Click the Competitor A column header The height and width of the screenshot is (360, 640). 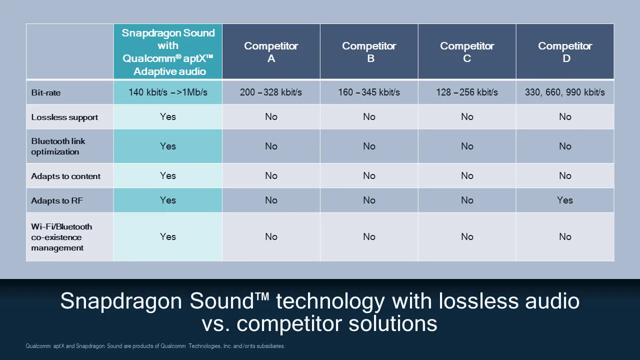click(271, 51)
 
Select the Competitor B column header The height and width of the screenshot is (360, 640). click(369, 51)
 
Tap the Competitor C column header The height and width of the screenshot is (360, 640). click(467, 51)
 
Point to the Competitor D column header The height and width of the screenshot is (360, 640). click(565, 51)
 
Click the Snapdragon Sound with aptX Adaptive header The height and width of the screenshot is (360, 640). click(168, 51)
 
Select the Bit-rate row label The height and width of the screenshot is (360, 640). click(46, 92)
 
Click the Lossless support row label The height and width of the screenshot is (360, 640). click(64, 117)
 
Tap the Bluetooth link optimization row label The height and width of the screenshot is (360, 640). click(58, 146)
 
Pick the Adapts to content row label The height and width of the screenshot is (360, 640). click(65, 176)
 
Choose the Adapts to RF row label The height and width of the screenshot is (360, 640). click(57, 200)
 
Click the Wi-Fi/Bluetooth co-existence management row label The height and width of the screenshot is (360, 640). click(61, 237)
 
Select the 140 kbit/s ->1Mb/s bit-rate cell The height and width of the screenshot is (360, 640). click(168, 92)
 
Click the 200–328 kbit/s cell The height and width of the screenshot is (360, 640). click(271, 92)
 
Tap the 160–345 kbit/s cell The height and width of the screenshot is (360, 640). click(369, 92)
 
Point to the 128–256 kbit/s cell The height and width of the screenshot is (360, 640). click(467, 92)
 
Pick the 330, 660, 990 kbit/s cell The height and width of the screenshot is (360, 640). click(565, 92)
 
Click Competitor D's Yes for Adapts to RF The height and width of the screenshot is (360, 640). click(565, 200)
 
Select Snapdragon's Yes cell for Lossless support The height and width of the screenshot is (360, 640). click(168, 116)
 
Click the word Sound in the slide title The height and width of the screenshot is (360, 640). click(221, 301)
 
